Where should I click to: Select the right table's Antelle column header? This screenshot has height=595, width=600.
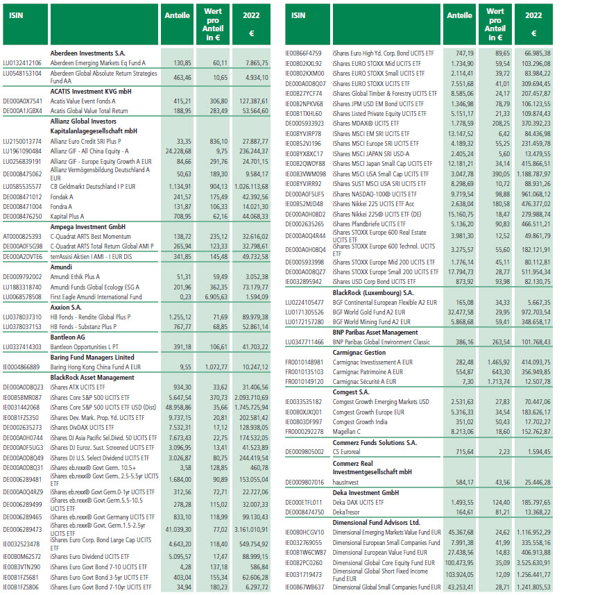[x=460, y=15]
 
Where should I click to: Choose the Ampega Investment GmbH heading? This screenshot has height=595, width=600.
[x=87, y=226]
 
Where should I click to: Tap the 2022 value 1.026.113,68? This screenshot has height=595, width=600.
[x=248, y=186]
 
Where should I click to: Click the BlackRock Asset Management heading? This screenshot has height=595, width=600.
[x=92, y=377]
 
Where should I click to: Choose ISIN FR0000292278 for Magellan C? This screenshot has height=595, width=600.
[x=309, y=431]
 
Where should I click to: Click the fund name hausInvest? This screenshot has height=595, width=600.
[x=345, y=481]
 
